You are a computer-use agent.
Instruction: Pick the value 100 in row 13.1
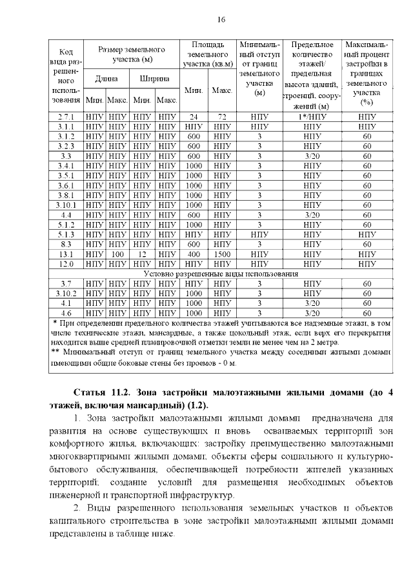pyautogui.click(x=117, y=254)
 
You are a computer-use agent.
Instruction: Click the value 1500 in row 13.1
pyautogui.click(x=222, y=254)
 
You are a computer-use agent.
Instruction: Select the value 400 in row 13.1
pyautogui.click(x=194, y=254)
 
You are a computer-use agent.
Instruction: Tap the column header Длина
pyautogui.click(x=106, y=79)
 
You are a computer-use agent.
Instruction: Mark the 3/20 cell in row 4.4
pyautogui.click(x=312, y=215)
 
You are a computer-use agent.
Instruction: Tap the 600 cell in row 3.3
pyautogui.click(x=194, y=157)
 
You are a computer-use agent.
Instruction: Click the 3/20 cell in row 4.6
pyautogui.click(x=312, y=312)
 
